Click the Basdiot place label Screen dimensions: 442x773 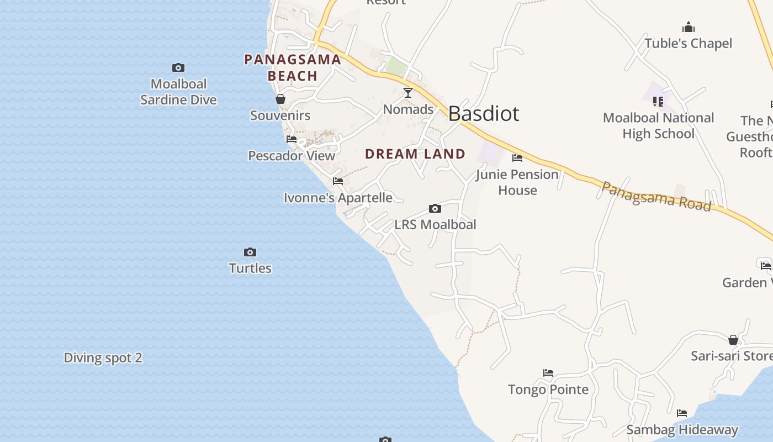[x=483, y=113]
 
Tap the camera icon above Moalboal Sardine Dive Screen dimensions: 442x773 [x=178, y=67]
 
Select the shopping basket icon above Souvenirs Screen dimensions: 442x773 [x=280, y=99]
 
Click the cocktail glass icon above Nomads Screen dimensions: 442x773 [x=408, y=93]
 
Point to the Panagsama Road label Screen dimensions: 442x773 [x=656, y=196]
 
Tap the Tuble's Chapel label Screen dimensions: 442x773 [x=688, y=43]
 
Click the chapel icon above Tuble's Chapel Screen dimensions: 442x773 [x=689, y=27]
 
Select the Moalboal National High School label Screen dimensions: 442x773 [x=658, y=125]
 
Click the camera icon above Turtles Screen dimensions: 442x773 [x=250, y=252]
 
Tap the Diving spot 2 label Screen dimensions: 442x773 [x=103, y=357]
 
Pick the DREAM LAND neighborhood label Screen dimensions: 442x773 [x=415, y=154]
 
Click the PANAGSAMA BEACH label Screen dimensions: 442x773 [x=293, y=67]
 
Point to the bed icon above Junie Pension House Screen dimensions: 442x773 [x=517, y=158]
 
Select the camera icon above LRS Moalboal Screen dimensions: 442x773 [x=435, y=208]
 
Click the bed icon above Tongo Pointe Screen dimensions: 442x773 [x=548, y=373]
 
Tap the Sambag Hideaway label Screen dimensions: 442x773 [x=682, y=429]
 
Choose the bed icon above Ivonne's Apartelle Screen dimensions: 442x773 [x=338, y=181]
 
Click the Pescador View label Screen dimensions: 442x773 [x=292, y=155]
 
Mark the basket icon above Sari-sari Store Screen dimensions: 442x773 [x=733, y=339]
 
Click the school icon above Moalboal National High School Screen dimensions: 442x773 [x=658, y=101]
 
